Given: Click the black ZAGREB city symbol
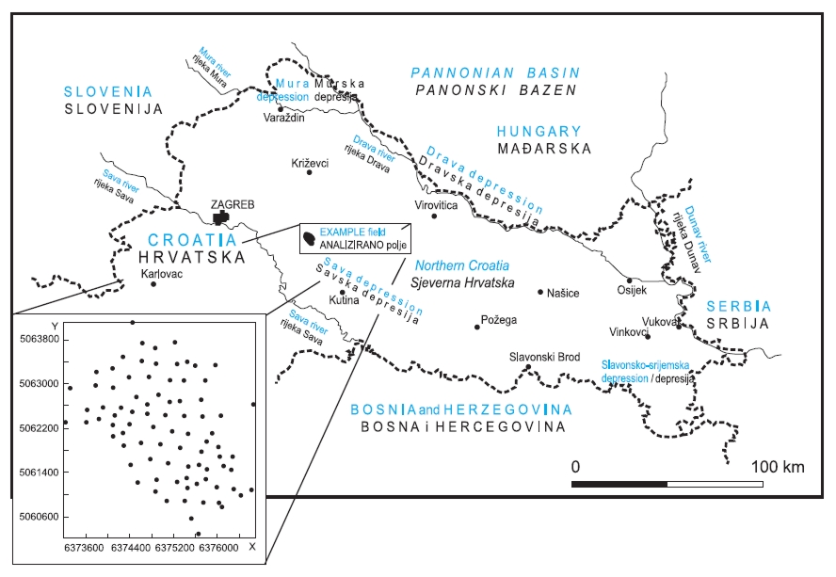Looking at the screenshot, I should pos(222,217).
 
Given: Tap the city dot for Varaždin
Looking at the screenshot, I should pos(281,108).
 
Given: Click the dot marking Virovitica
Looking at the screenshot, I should pos(434,216).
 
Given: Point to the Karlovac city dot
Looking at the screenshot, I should pos(153,283).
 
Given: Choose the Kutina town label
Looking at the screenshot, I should pos(344,302).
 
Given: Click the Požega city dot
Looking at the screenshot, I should pos(477,327).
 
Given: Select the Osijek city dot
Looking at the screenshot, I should pos(629,280).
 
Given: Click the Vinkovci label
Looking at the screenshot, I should pos(631,332).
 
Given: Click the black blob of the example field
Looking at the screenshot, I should pos(309,241).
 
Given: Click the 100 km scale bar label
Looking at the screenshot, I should pos(778,467).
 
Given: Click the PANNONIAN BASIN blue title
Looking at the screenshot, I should pos(496,72).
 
